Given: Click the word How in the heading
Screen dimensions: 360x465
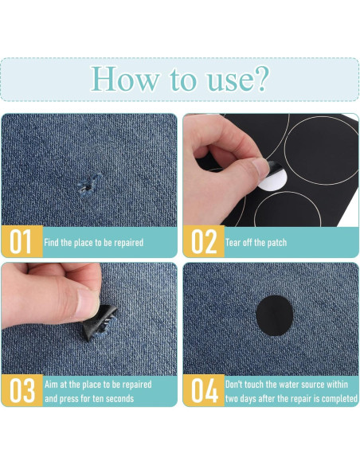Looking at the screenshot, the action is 125,79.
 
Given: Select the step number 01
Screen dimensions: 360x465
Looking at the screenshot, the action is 21,242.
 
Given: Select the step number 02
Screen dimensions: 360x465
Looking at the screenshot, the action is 205,242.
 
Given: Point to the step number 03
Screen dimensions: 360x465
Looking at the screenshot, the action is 22,391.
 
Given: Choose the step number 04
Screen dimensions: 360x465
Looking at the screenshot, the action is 205,391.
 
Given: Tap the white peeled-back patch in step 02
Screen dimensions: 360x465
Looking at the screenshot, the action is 273,180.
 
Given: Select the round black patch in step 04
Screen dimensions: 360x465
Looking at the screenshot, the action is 274,315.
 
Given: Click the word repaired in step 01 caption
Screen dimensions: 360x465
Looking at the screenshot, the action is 129,243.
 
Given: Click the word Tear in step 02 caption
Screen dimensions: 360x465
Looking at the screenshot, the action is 233,243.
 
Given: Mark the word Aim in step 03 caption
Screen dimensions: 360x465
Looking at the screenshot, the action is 51,385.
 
